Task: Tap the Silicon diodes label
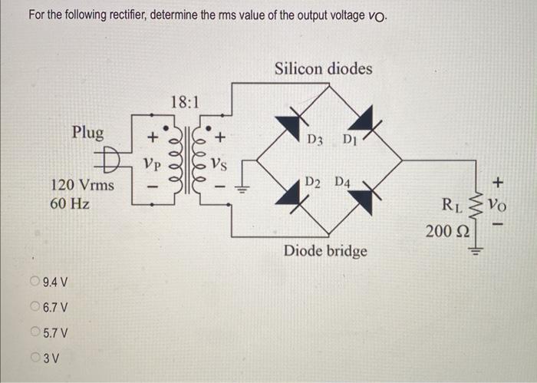[x=323, y=68]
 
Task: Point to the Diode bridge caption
[x=325, y=251]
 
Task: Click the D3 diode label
[x=315, y=140]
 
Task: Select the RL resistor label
[x=452, y=205]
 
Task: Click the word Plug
[x=87, y=132]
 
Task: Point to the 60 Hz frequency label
[x=70, y=204]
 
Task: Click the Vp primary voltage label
[x=153, y=163]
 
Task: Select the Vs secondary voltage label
[x=219, y=163]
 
